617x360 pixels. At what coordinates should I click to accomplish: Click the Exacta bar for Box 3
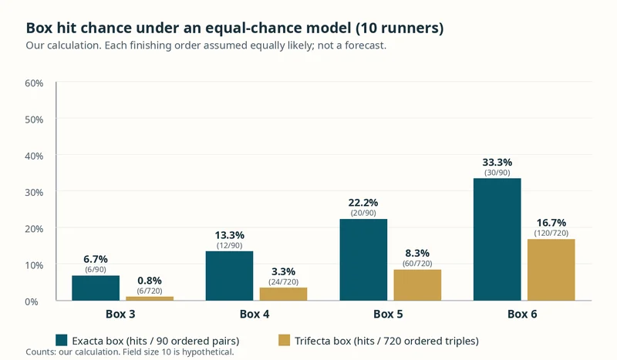click(x=96, y=288)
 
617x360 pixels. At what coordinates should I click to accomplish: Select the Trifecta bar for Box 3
click(x=150, y=298)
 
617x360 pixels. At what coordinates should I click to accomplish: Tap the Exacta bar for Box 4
click(x=229, y=276)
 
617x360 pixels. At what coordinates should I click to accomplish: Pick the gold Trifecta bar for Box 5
click(x=417, y=285)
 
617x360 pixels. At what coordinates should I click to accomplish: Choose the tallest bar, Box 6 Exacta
click(x=497, y=239)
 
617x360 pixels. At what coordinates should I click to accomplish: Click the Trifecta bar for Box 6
click(x=551, y=270)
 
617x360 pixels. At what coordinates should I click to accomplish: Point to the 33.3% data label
click(x=497, y=162)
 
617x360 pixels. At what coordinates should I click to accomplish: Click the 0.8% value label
click(x=150, y=281)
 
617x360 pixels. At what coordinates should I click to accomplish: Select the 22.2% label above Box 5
click(x=363, y=203)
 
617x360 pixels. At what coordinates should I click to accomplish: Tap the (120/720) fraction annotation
click(x=551, y=233)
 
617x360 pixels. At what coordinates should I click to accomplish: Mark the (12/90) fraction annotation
click(x=229, y=245)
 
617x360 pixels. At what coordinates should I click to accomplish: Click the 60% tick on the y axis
click(x=34, y=83)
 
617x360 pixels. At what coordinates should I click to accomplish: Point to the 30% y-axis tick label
click(x=34, y=193)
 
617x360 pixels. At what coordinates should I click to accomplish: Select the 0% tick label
click(x=32, y=301)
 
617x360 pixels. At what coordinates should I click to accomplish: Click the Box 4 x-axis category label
click(x=255, y=314)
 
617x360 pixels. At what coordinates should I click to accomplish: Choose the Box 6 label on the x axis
click(x=522, y=314)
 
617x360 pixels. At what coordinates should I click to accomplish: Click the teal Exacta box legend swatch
click(x=62, y=340)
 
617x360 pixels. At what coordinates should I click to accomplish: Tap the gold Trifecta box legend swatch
click(x=284, y=340)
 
